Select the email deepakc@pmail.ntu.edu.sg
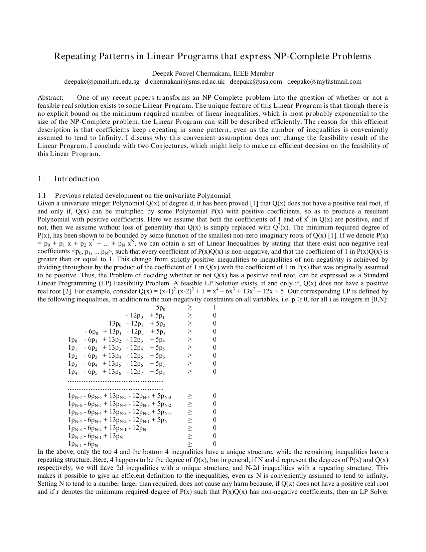point(102,82)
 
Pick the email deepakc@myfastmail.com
point(324,82)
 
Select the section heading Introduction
point(77,179)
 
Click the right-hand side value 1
point(215,307)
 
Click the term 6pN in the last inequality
point(91,444)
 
